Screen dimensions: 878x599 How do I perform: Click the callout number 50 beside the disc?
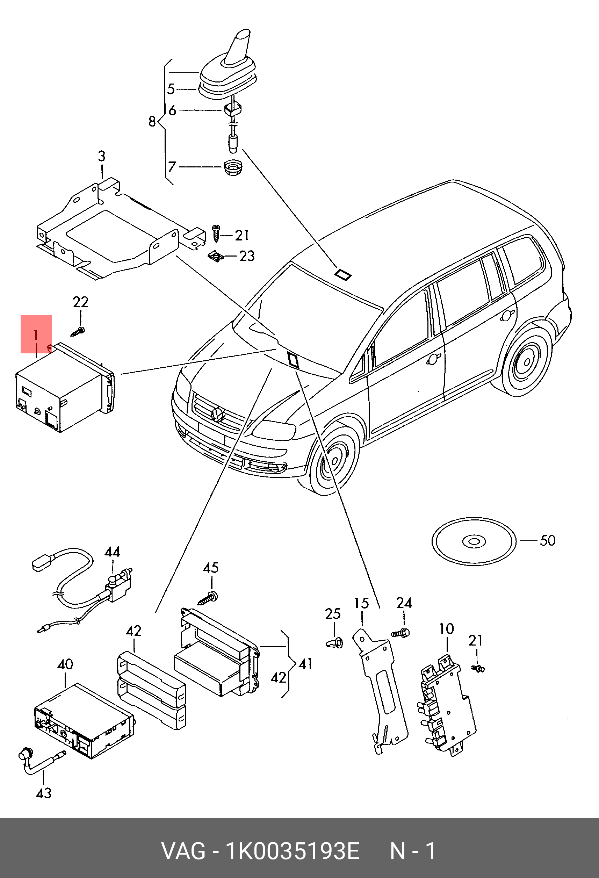point(547,540)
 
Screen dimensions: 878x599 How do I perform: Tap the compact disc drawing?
point(474,542)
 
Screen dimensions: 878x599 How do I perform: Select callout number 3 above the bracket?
point(102,156)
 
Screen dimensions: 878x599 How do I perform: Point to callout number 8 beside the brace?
point(152,122)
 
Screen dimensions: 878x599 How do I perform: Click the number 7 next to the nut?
point(172,167)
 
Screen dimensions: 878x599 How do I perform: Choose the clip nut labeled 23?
point(216,257)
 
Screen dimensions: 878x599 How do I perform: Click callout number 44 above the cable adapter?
point(112,552)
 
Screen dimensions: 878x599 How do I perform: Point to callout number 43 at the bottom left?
point(44,793)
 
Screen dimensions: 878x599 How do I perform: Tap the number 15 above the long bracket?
point(361,603)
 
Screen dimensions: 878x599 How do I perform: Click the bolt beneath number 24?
point(401,633)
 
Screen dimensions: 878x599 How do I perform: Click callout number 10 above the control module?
point(446,629)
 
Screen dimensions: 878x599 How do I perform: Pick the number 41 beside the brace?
point(305,664)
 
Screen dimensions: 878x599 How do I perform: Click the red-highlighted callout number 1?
point(36,335)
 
